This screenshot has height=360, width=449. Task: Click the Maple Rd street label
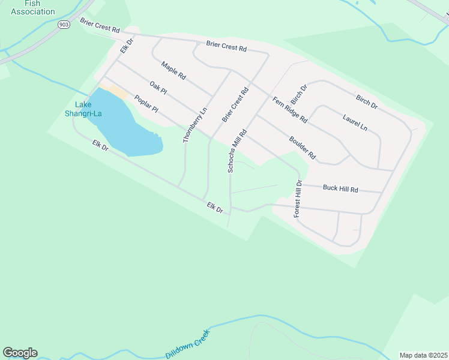click(x=173, y=70)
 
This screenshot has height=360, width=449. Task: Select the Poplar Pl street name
click(x=146, y=104)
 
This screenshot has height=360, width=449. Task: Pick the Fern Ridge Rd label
click(x=290, y=110)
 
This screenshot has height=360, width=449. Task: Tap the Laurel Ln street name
click(x=355, y=122)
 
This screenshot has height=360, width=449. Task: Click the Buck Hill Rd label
click(x=340, y=188)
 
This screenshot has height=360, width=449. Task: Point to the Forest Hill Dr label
click(x=298, y=199)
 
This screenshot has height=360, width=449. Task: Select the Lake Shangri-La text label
click(x=83, y=110)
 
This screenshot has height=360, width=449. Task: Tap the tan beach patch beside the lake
click(x=116, y=92)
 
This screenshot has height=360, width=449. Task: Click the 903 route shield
click(x=64, y=25)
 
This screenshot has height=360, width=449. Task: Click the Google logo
click(x=20, y=353)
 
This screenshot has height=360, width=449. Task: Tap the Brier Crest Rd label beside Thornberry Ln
click(x=235, y=107)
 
